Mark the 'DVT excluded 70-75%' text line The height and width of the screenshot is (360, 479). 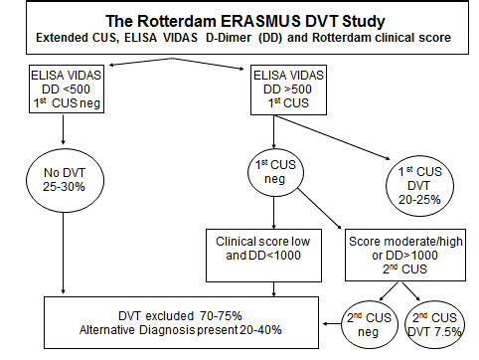click(x=188, y=314)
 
